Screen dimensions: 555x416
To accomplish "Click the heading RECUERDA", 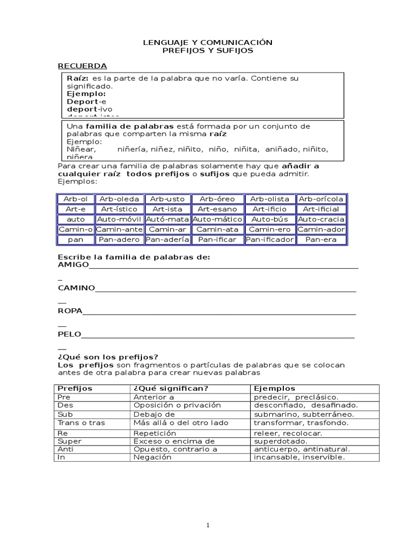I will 82,66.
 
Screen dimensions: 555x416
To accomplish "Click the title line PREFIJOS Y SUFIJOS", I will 208,50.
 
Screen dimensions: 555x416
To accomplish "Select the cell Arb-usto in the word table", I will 167,199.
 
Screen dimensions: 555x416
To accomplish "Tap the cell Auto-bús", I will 269,220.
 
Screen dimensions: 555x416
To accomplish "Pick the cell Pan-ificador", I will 269,240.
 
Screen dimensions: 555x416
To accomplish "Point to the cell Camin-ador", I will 321,229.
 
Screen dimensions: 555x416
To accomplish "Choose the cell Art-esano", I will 218,209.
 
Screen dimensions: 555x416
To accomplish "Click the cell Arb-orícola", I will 321,199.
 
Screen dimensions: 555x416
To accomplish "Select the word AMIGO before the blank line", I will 73,265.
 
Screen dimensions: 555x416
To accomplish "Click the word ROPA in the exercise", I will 70,311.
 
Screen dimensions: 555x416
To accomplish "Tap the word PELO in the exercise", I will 69,334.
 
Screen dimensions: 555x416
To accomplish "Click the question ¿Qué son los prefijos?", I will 108,357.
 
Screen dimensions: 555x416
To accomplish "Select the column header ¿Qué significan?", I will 163,389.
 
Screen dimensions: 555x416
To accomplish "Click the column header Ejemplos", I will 274,389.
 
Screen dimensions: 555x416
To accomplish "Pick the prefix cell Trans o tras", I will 81,423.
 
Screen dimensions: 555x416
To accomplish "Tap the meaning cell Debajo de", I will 154,414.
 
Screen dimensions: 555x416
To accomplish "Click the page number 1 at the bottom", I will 208,525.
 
